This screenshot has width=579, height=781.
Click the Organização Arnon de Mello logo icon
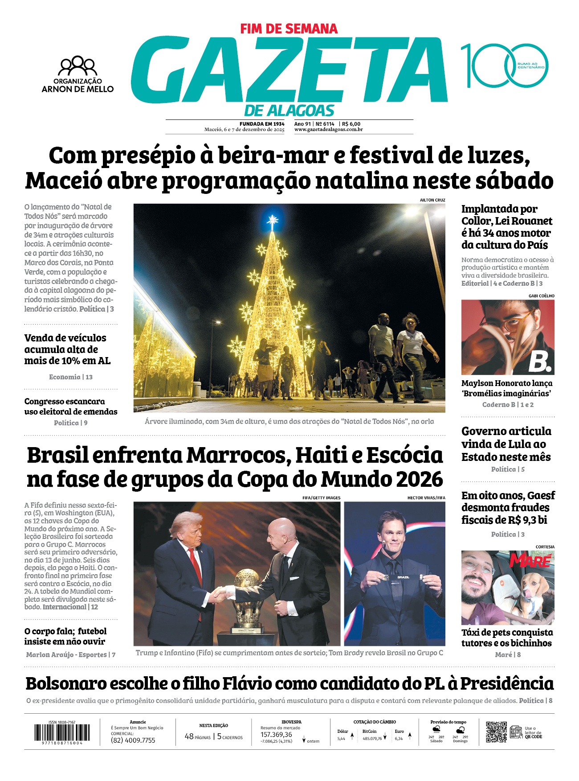tap(78, 66)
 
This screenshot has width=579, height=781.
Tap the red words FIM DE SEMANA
tap(289, 29)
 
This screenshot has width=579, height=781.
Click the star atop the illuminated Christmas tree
tap(272, 219)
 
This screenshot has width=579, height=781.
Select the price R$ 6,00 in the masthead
tap(351, 124)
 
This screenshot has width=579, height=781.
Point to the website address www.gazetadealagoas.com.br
tap(328, 130)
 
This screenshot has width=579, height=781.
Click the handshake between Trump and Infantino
tap(221, 593)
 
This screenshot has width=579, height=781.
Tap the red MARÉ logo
tap(530, 560)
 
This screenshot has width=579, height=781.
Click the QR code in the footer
tap(496, 732)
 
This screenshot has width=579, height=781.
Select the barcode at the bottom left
tap(62, 732)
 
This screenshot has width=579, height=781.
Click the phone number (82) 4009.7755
tap(133, 740)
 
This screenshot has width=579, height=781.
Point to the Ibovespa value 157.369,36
tap(276, 734)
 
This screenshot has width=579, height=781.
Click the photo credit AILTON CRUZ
tap(432, 200)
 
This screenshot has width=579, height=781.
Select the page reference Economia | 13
tap(71, 377)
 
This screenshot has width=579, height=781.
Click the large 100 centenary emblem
tap(504, 66)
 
